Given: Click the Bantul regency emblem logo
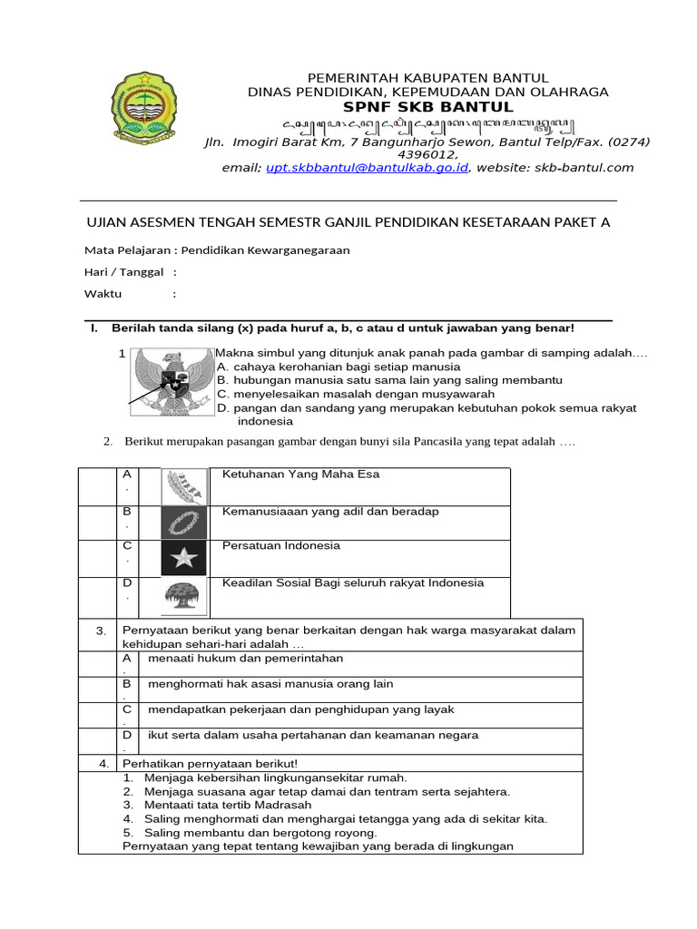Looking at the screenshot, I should [x=146, y=112].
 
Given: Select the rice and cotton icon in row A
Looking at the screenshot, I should [x=184, y=486].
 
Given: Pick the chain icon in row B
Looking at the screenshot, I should [x=184, y=523].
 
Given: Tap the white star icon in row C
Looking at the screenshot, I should [x=184, y=558].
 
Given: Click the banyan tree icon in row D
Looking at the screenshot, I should [x=184, y=596].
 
